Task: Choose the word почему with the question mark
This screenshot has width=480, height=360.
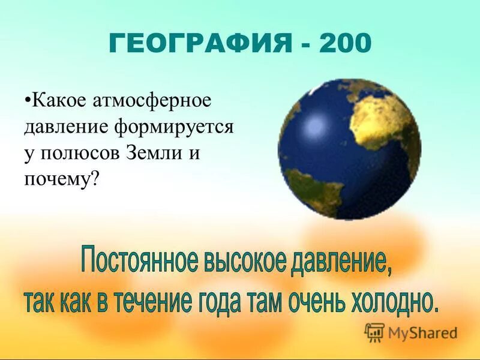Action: (61, 179)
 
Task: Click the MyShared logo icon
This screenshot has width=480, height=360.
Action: (374, 331)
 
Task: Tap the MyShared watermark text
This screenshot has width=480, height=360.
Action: (422, 332)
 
